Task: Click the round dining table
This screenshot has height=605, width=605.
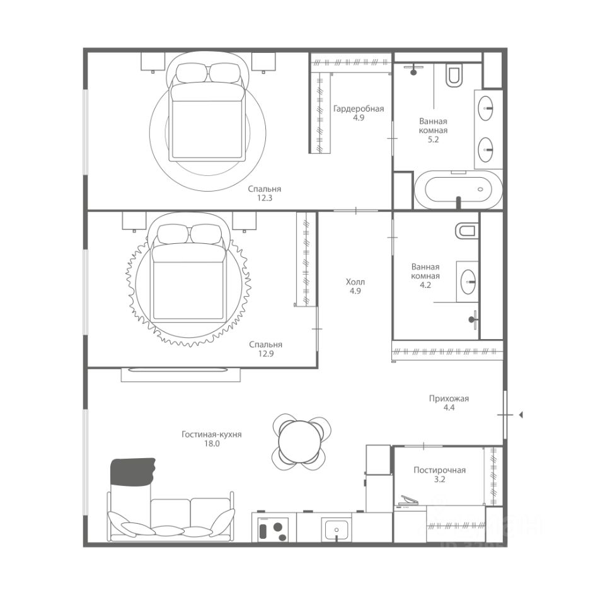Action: pyautogui.click(x=300, y=441)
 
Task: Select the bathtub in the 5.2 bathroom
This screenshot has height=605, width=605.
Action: pyautogui.click(x=458, y=190)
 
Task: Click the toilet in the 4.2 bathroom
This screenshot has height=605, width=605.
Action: pyautogui.click(x=466, y=231)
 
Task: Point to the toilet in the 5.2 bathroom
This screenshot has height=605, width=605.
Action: pyautogui.click(x=453, y=75)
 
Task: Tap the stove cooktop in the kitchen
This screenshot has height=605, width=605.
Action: pyautogui.click(x=274, y=529)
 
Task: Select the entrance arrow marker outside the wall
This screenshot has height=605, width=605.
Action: pyautogui.click(x=521, y=415)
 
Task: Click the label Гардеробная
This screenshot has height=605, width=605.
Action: pyautogui.click(x=359, y=109)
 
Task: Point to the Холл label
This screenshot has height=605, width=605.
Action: pyautogui.click(x=355, y=282)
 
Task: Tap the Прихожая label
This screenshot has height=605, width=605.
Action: pyautogui.click(x=449, y=398)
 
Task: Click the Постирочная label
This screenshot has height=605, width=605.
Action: pyautogui.click(x=439, y=470)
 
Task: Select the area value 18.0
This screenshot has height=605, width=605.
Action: pyautogui.click(x=212, y=444)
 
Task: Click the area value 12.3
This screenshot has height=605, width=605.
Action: pyautogui.click(x=265, y=199)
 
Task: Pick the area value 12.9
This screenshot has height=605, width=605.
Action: pyautogui.click(x=266, y=354)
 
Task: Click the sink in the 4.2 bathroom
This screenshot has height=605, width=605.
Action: pyautogui.click(x=469, y=282)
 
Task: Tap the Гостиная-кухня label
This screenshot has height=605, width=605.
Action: pyautogui.click(x=212, y=434)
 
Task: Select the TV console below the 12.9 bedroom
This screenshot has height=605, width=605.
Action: pyautogui.click(x=181, y=374)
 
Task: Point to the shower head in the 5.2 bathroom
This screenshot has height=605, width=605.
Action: pyautogui.click(x=413, y=71)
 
